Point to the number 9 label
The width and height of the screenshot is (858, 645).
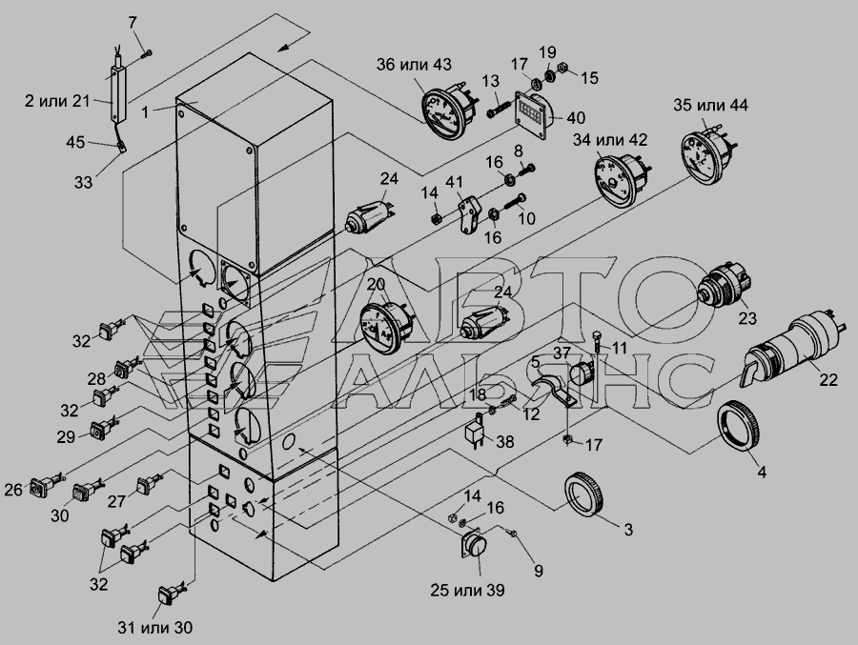(538, 571)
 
